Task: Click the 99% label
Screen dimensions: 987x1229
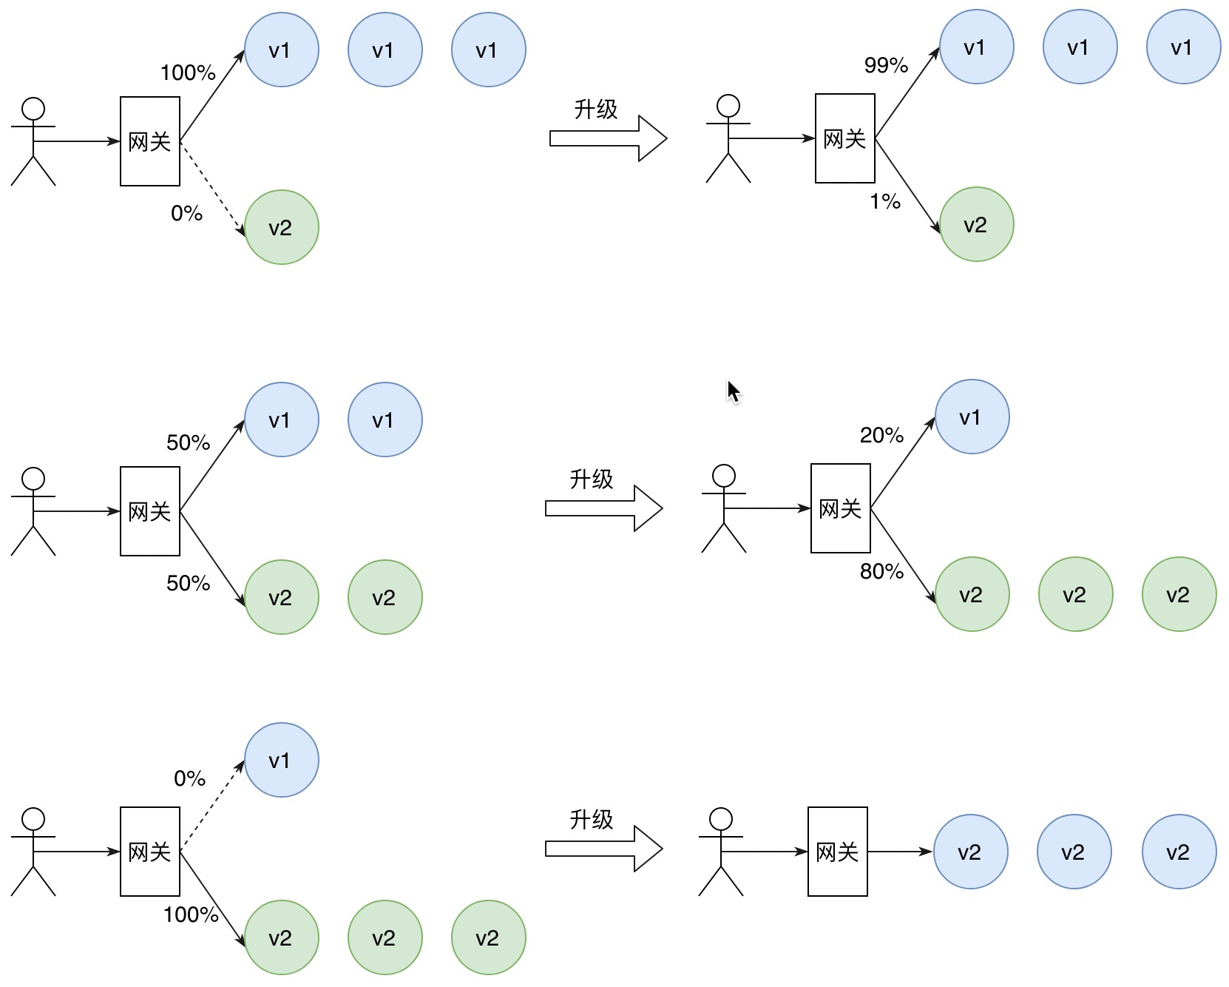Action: [886, 65]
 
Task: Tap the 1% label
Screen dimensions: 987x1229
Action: [885, 201]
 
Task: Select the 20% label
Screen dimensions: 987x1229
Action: [881, 435]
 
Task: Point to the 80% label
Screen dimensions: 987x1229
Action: [881, 571]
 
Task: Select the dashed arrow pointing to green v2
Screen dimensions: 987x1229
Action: [213, 189]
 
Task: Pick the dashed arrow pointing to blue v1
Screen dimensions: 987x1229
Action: [213, 806]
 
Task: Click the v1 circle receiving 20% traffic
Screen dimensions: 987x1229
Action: [972, 417]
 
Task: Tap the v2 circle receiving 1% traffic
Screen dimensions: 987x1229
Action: [976, 224]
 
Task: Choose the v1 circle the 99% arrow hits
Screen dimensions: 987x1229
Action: [976, 47]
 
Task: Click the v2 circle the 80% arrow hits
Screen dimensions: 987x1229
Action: [972, 594]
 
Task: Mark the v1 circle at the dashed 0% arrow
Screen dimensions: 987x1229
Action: [281, 760]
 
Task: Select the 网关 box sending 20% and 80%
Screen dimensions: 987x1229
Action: [840, 508]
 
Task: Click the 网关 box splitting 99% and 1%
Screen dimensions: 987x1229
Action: [844, 138]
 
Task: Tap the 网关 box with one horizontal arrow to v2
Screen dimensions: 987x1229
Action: [837, 852]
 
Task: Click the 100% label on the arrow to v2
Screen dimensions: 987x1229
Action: [191, 915]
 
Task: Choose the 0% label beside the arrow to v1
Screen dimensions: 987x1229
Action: [189, 778]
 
